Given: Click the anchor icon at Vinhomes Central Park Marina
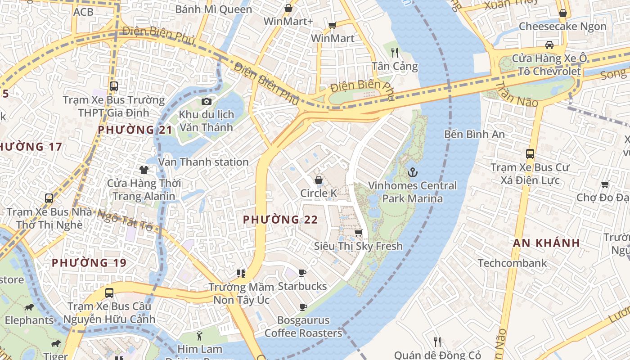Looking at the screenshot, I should click(412, 172).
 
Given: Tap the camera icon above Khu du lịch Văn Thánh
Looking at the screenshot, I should click(207, 101).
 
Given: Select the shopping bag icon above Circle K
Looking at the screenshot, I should click(319, 180).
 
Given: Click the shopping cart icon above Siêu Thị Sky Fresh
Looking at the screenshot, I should click(358, 233).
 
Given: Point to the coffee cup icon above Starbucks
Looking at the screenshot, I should click(302, 273).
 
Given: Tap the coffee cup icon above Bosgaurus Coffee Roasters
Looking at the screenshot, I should click(303, 307).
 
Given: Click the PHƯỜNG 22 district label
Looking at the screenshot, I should click(280, 220).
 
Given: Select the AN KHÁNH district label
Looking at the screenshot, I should click(546, 243).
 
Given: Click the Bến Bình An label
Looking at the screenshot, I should click(474, 134).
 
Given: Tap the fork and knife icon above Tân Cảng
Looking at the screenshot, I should click(395, 53).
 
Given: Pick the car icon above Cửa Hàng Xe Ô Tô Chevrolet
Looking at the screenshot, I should click(549, 45).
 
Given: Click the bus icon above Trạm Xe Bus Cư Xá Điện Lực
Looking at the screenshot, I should click(530, 153).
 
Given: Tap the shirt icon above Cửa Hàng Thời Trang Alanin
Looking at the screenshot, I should click(144, 170).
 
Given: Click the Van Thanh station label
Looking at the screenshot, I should click(203, 162).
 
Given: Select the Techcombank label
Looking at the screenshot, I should click(512, 263).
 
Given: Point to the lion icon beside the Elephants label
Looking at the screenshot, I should click(29, 307).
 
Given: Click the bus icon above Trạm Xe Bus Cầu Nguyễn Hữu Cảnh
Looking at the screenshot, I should click(109, 293).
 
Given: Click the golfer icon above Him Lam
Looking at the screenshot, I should click(199, 335).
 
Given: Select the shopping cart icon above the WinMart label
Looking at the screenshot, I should click(333, 26).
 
